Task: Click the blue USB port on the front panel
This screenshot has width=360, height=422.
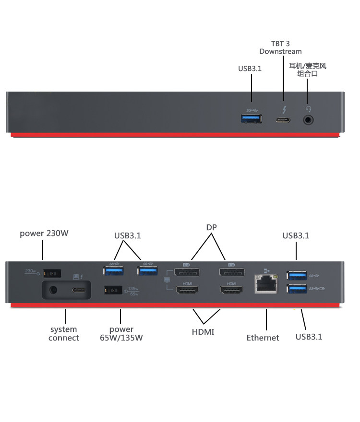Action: [252, 118]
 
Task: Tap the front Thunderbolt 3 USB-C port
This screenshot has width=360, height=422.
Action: [283, 119]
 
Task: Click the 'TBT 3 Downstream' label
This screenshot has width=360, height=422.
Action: [280, 47]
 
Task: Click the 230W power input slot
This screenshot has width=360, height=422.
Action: [51, 273]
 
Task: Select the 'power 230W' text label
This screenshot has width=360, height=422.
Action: [44, 234]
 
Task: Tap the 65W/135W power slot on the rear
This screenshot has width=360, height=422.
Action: [112, 291]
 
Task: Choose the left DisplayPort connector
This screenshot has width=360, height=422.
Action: [187, 273]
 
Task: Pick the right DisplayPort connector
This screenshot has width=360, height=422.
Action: [232, 273]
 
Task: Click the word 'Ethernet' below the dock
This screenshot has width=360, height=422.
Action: [263, 338]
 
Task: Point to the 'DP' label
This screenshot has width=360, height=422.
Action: [212, 227]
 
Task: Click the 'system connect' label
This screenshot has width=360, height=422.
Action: [63, 333]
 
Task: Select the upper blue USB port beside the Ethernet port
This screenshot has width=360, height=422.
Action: [297, 275]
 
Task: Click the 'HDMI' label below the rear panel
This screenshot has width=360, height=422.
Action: [203, 332]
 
